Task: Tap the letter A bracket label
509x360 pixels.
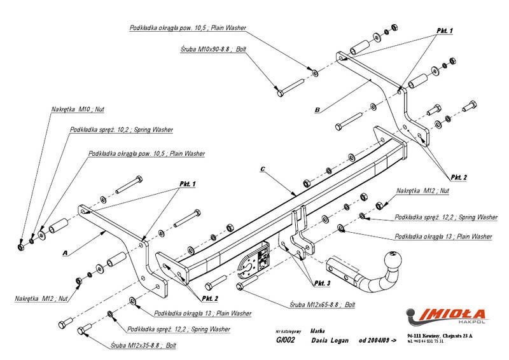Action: (65, 253)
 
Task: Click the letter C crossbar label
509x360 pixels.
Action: (263, 170)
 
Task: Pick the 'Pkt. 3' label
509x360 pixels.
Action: (323, 282)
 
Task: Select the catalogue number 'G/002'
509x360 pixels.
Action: (285, 341)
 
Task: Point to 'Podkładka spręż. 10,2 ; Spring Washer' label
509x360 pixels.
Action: (122, 130)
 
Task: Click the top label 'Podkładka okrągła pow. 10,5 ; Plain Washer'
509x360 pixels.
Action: (187, 28)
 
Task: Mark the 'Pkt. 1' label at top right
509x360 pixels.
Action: (445, 31)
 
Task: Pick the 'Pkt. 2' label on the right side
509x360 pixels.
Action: (459, 176)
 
